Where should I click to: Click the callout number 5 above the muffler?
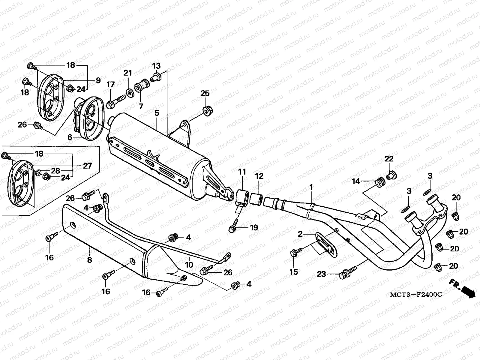click(157, 113)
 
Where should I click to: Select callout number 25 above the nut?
click(205, 93)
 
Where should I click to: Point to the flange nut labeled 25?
click(206, 111)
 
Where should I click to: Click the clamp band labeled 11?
click(242, 197)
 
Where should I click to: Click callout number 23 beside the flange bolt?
click(321, 274)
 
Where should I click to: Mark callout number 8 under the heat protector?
click(89, 260)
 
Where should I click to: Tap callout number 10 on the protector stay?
click(189, 265)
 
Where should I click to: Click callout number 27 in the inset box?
click(87, 166)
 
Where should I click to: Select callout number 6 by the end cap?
click(70, 137)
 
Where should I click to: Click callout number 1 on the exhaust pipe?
click(311, 187)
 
